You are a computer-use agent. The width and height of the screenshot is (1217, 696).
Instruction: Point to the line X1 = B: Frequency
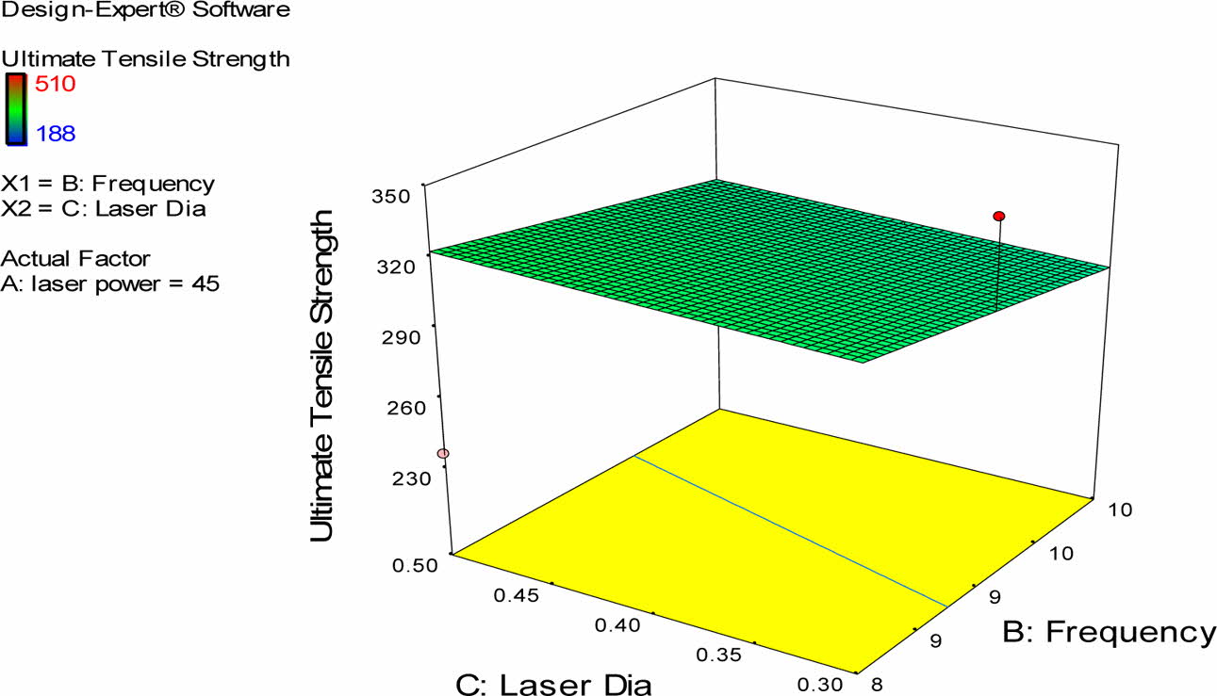[x=108, y=184]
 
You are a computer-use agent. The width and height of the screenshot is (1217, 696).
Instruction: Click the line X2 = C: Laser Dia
[x=104, y=208]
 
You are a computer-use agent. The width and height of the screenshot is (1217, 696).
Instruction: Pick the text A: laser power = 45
[x=111, y=282]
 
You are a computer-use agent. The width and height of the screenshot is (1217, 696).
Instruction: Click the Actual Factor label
[x=76, y=257]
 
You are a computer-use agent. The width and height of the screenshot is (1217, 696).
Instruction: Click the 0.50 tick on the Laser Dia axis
[x=415, y=565]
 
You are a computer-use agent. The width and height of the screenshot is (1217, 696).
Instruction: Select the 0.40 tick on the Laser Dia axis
[x=617, y=624]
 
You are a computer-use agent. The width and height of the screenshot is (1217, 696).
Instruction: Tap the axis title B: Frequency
[x=1107, y=633]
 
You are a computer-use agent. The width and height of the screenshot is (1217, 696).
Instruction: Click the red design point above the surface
[x=999, y=217]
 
